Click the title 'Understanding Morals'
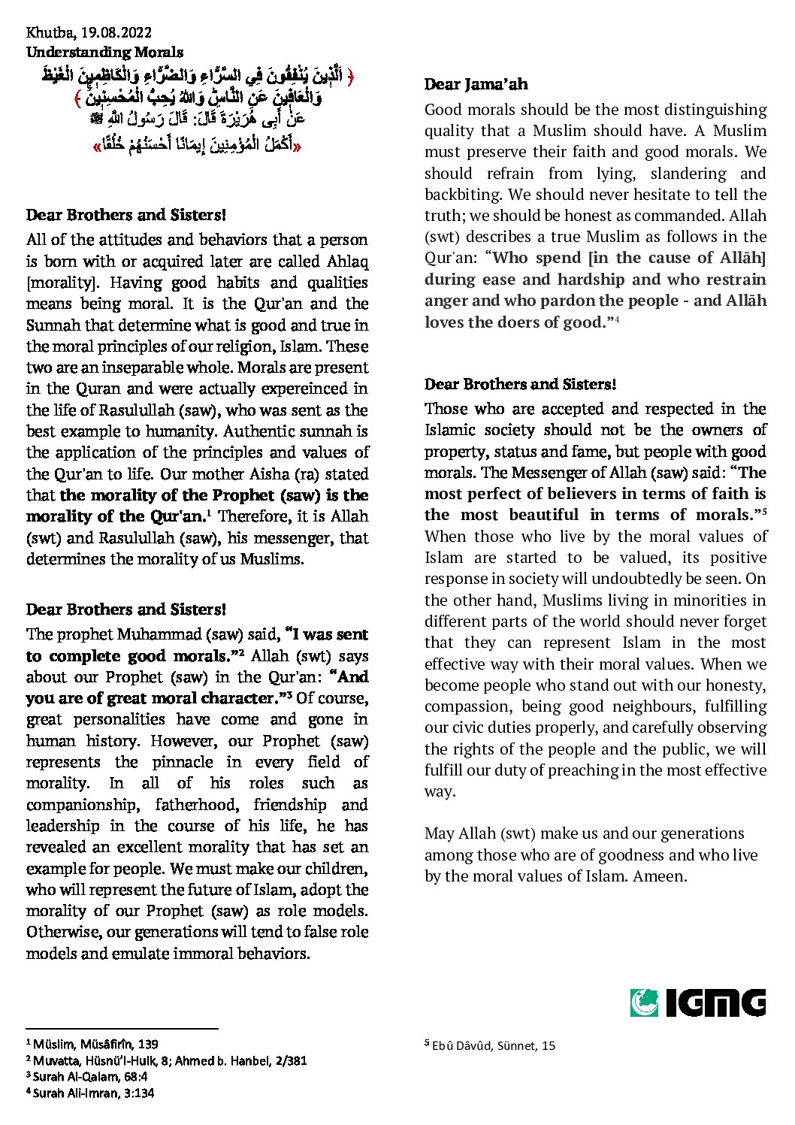104,52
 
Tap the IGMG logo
697,1003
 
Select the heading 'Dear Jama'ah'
476,84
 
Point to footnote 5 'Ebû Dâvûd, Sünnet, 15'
490,1045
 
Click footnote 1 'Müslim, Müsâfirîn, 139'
92,1044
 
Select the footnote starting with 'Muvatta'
166,1060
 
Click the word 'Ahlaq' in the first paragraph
347,262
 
